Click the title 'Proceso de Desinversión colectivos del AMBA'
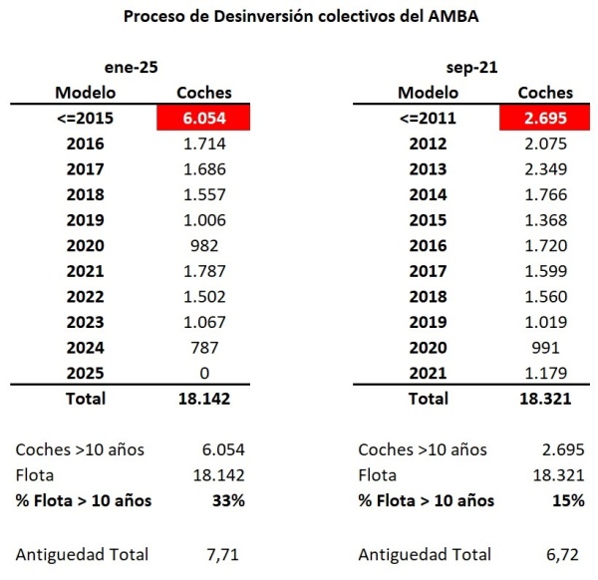(x=298, y=17)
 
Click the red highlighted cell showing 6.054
(x=204, y=118)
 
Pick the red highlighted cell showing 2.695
(x=546, y=118)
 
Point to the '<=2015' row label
(x=85, y=118)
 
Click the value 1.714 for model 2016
(x=204, y=144)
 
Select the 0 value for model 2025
(x=204, y=374)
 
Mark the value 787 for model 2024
(x=204, y=348)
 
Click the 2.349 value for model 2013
(x=546, y=169)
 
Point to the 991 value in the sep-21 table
(x=546, y=348)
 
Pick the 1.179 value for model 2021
(x=546, y=374)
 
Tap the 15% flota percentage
(x=569, y=500)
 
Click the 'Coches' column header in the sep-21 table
(x=546, y=93)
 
